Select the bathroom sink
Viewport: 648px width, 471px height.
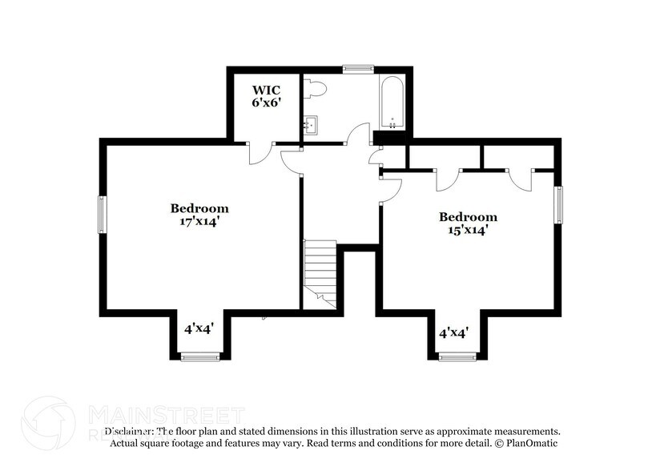coord(312,124)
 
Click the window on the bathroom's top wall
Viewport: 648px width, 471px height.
coord(358,70)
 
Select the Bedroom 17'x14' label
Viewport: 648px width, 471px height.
coord(199,215)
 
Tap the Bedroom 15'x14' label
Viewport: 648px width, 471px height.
coord(468,223)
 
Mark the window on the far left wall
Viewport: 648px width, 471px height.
coord(102,215)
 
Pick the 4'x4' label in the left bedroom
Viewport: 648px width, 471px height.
coord(199,328)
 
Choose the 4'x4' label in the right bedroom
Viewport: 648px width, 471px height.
coord(453,332)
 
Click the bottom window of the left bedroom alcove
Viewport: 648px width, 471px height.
coord(195,356)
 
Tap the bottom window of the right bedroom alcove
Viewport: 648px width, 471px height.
coord(457,356)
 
